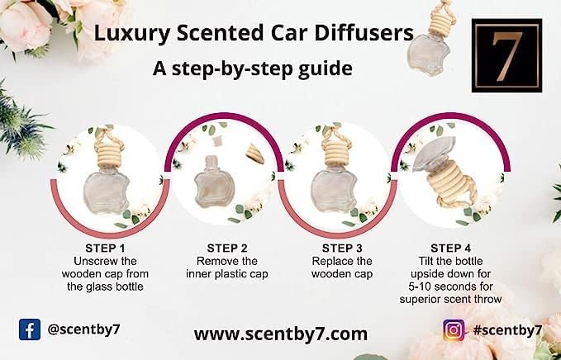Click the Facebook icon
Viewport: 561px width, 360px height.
(x=30, y=329)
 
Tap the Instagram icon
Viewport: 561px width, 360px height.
(x=454, y=330)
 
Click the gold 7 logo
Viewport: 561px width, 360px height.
(x=506, y=55)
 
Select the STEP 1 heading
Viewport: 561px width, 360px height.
(x=105, y=248)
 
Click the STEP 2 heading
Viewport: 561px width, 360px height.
(x=227, y=248)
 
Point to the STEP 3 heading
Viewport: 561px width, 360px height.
(x=342, y=248)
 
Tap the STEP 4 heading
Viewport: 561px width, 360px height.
(x=451, y=248)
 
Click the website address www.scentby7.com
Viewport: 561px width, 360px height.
(x=281, y=334)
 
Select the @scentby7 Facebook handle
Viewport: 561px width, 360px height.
(x=83, y=329)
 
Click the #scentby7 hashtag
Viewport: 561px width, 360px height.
(x=507, y=330)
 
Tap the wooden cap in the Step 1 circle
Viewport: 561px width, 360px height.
(x=110, y=154)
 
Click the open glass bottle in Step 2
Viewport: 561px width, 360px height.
(x=215, y=182)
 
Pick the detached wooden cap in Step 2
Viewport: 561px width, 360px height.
(x=255, y=154)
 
